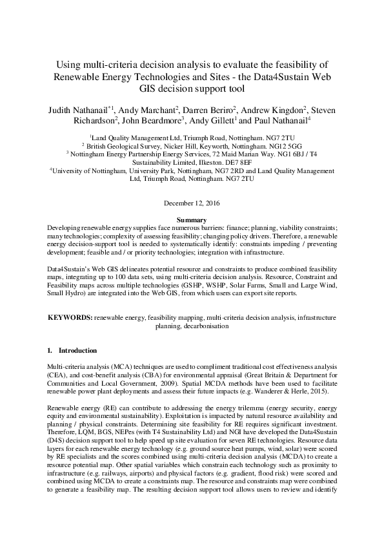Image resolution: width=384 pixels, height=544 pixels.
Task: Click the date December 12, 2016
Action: [x=192, y=204]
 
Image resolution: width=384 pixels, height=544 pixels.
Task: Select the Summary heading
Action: [x=192, y=221]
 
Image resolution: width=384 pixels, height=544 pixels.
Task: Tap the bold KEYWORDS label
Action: [x=70, y=318]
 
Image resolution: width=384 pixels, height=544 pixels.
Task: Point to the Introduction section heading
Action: [x=78, y=351]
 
